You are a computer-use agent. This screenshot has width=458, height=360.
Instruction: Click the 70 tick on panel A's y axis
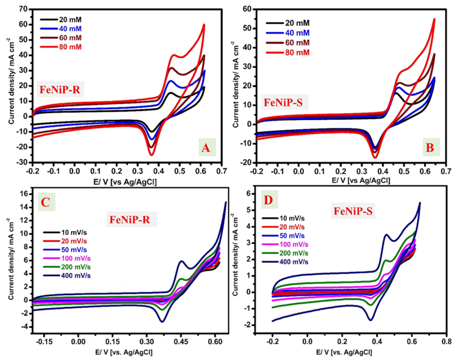(x=23, y=9)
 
